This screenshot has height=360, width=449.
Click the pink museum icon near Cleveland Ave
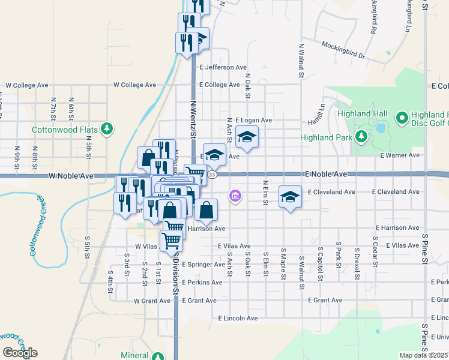pyautogui.click(x=235, y=196)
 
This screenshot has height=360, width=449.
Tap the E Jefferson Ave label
pyautogui.click(x=223, y=67)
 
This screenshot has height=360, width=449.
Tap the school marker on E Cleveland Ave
pyautogui.click(x=290, y=197)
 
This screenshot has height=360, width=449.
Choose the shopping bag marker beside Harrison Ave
pyautogui.click(x=206, y=210)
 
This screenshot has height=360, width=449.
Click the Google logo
pyautogui.click(x=20, y=353)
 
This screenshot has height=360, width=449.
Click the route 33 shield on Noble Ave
pyautogui.click(x=213, y=174)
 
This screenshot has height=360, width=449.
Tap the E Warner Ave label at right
pyautogui.click(x=400, y=155)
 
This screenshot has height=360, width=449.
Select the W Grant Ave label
pyautogui.click(x=154, y=300)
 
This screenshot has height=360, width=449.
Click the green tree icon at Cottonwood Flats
pyautogui.click(x=107, y=128)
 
